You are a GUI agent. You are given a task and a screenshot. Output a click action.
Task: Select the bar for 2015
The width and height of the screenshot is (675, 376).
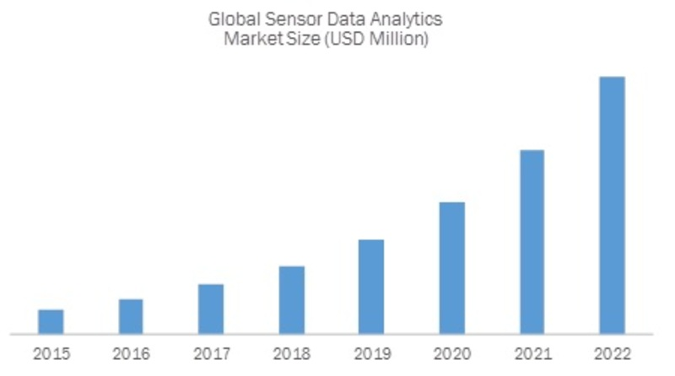[51, 321]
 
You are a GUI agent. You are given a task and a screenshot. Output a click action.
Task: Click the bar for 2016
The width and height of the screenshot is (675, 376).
[131, 316]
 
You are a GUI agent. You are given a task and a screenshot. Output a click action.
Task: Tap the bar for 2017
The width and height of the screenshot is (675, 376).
[211, 309]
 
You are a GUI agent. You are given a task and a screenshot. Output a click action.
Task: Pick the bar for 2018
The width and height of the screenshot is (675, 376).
[291, 299]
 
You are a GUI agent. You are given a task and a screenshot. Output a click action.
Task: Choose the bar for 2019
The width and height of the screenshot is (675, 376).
[371, 287]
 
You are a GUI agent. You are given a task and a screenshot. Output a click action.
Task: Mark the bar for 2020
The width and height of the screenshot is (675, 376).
[451, 267]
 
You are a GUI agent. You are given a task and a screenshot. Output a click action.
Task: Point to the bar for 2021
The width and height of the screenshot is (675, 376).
[532, 241]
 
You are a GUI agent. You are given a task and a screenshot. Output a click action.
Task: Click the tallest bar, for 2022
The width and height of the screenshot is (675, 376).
[612, 205]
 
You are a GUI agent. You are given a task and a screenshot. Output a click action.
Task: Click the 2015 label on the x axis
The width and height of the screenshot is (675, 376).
[51, 354]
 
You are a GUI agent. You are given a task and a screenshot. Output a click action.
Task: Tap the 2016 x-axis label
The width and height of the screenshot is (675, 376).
[131, 354]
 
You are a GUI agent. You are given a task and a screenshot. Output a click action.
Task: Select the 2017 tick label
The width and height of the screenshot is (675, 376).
[211, 354]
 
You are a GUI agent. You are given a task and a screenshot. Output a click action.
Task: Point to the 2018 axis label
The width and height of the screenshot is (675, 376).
[291, 354]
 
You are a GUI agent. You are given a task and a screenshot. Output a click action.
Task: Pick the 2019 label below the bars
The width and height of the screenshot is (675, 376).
[371, 354]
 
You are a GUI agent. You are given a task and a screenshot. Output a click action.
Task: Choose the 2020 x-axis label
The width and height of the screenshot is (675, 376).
[451, 354]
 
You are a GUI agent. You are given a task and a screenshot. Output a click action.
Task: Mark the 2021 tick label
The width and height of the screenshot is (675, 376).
[532, 354]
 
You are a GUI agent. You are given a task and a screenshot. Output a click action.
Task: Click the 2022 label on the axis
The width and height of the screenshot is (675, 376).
[612, 354]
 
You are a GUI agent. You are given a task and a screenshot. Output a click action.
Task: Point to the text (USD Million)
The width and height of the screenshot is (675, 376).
[373, 40]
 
